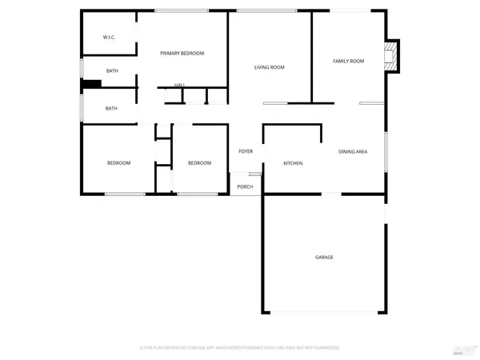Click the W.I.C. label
(x=110, y=38)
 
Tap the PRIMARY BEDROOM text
(x=182, y=53)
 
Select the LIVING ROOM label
(x=270, y=67)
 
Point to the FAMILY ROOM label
(x=349, y=61)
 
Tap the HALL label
(x=179, y=85)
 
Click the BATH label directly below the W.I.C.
(x=112, y=71)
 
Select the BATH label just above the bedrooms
(x=112, y=108)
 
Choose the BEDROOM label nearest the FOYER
(x=199, y=163)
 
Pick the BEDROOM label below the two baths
(x=118, y=163)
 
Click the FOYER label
(x=245, y=150)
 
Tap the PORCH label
(x=245, y=186)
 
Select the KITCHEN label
(x=293, y=163)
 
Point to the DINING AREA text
(x=353, y=150)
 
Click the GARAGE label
(x=324, y=257)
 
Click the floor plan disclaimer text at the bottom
(x=240, y=348)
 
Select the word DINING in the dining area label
(x=346, y=150)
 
